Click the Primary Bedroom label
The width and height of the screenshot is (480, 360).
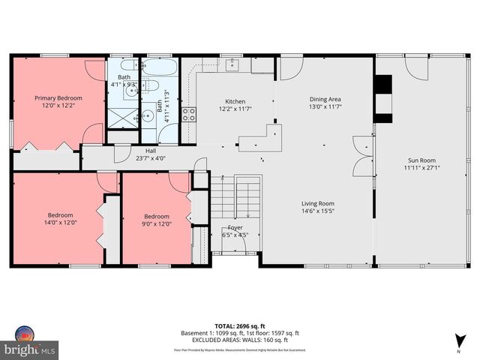58,98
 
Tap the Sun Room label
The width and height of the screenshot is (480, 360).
421,160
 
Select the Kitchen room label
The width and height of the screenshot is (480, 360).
235,102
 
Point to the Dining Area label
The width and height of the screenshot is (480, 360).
325,99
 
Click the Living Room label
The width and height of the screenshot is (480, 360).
318,203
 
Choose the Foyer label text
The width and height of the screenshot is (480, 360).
235,227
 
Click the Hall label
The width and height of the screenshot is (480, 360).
151,151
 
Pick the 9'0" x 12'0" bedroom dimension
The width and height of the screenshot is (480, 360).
157,223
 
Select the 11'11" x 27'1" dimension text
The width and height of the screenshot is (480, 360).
421,168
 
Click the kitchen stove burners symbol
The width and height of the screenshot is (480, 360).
190,115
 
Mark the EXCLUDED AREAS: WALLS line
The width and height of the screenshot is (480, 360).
240,340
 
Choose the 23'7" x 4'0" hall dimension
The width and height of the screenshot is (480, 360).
151,158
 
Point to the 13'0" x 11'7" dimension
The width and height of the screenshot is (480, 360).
325,106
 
